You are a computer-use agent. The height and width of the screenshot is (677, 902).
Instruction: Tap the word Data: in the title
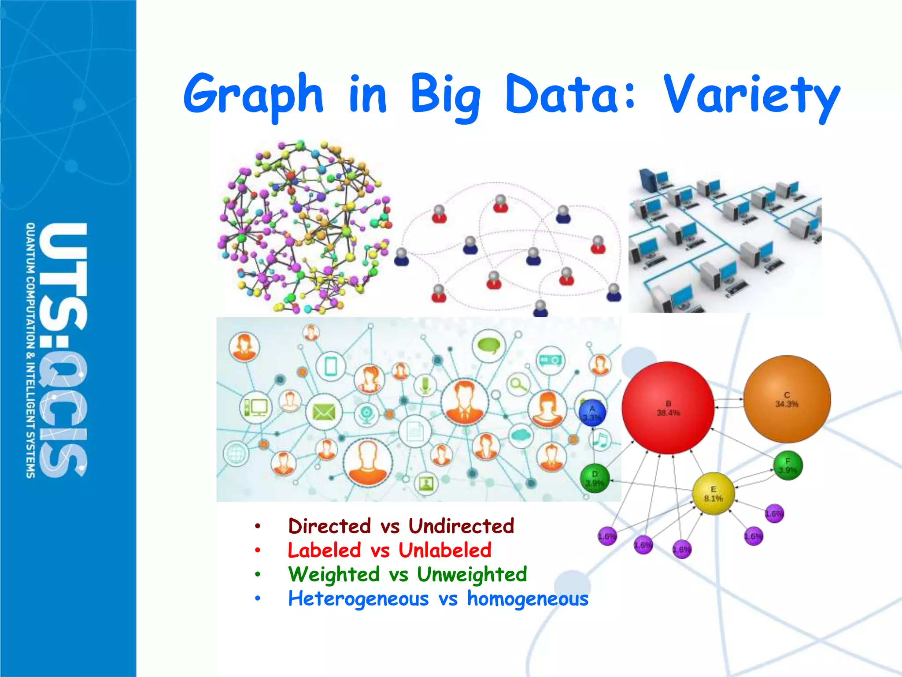pos(571,93)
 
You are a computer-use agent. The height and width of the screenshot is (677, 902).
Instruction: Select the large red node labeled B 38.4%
pos(668,408)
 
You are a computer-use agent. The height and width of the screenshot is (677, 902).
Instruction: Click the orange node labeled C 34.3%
pos(787,399)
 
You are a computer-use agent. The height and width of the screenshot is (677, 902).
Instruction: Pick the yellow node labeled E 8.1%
pos(713,494)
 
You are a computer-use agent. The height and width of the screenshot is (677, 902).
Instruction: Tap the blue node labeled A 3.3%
pos(592,413)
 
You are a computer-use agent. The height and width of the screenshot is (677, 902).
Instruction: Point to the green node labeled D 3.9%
pos(595,479)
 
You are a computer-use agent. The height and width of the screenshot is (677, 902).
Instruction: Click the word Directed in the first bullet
pos(329,526)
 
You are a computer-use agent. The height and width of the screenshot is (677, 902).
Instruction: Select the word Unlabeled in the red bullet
pos(445,550)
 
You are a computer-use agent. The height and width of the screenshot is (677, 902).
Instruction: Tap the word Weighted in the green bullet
pos(334,574)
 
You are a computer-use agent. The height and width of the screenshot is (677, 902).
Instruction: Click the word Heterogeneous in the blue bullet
pos(358,599)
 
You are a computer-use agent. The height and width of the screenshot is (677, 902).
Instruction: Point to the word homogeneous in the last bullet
pos(527,599)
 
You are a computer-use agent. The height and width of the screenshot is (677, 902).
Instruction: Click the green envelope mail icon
pos(324,413)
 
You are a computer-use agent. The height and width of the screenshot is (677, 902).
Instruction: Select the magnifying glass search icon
pos(518,385)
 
